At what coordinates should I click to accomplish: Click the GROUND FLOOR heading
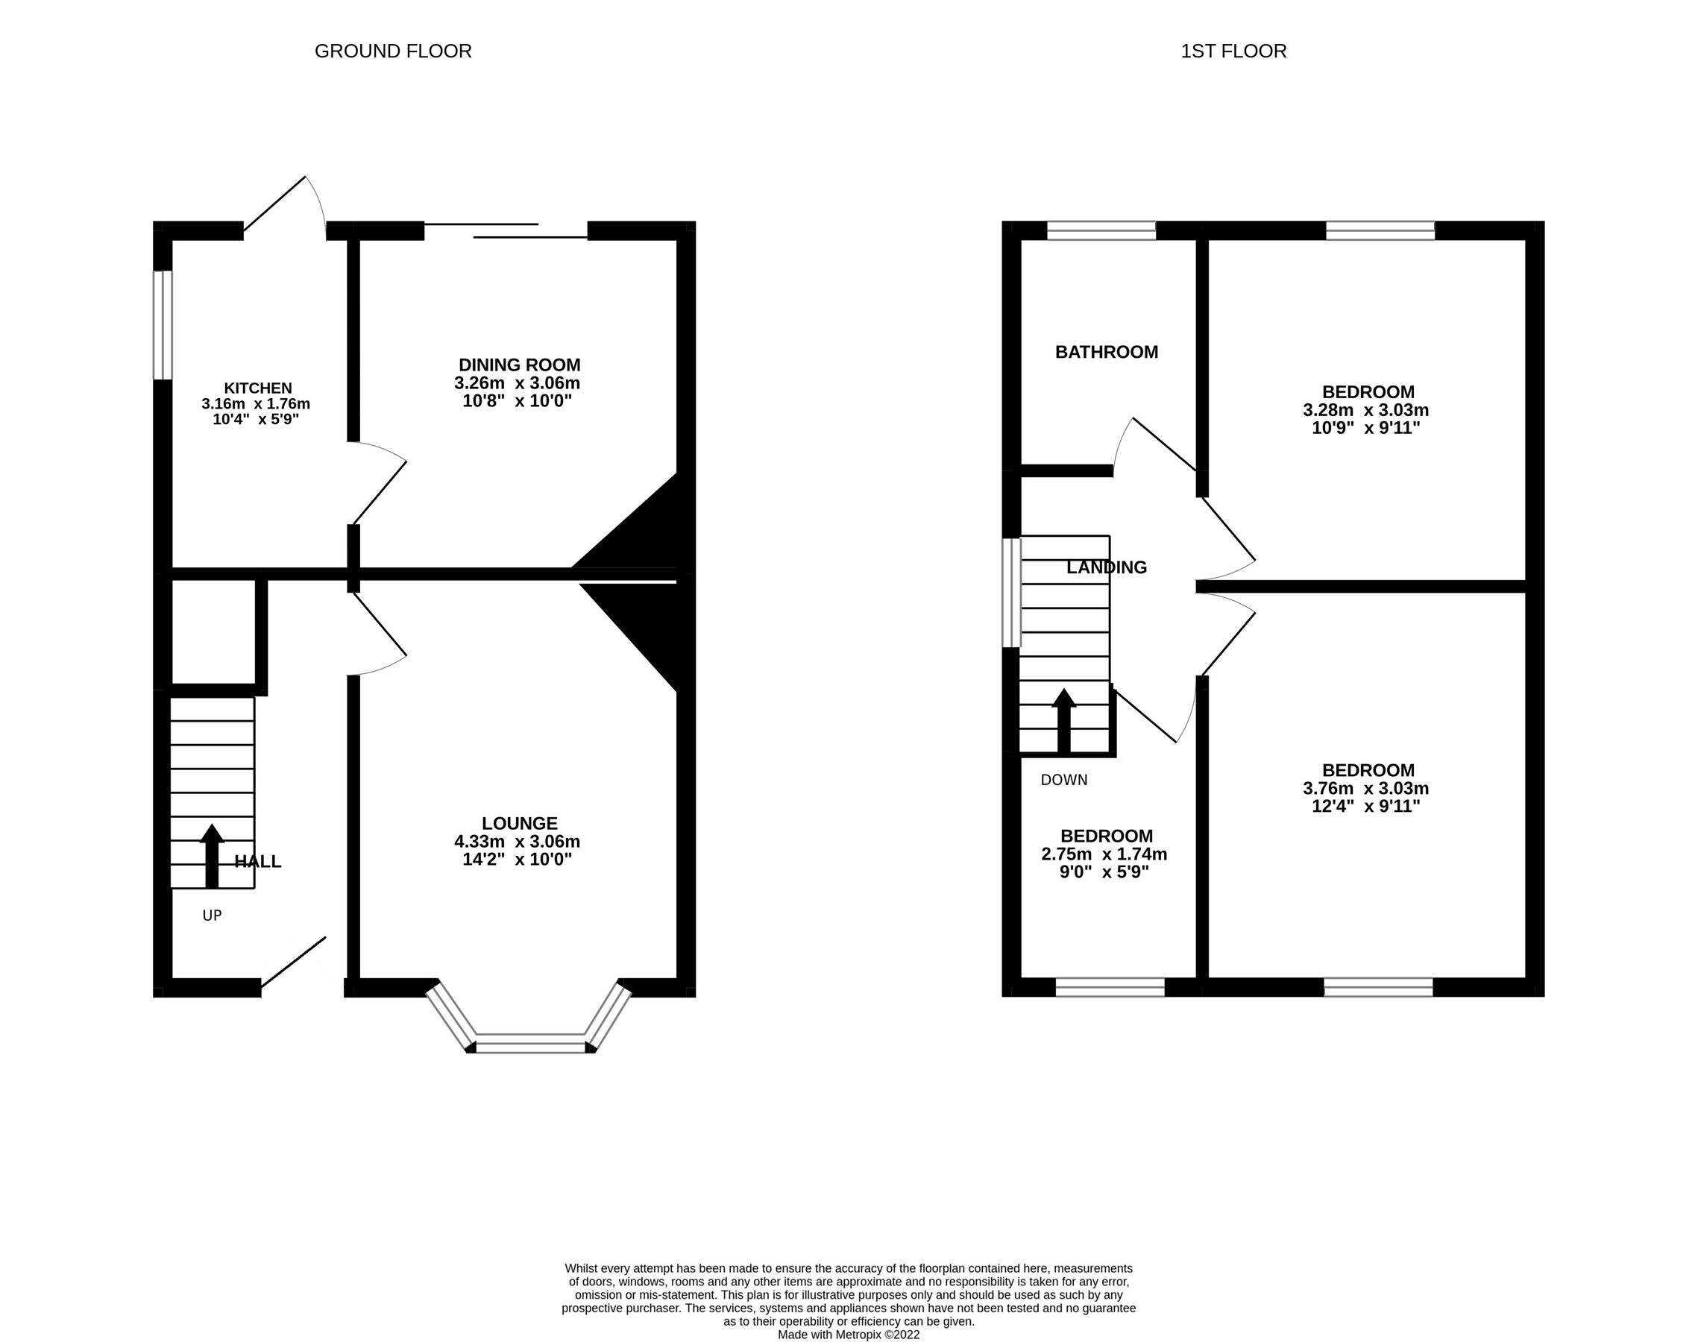[393, 51]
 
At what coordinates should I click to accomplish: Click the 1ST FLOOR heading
[1233, 51]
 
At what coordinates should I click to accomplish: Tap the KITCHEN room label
[258, 388]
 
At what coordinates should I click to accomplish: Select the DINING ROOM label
[519, 365]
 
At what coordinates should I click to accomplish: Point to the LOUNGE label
[519, 822]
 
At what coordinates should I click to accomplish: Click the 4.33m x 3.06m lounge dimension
[517, 842]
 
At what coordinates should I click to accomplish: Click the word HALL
[258, 861]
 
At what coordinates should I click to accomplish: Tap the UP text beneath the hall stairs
[212, 916]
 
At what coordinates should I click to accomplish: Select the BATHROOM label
[1107, 352]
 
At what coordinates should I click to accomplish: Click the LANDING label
[1107, 567]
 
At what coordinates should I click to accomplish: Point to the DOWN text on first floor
[1064, 780]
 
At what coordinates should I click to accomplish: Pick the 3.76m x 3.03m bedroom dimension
[1365, 788]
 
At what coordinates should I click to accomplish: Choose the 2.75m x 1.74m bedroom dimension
[1104, 854]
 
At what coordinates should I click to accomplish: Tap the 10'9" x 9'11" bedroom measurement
[1365, 428]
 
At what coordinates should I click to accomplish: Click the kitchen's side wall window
[163, 324]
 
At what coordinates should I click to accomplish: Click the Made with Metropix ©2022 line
[849, 1334]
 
